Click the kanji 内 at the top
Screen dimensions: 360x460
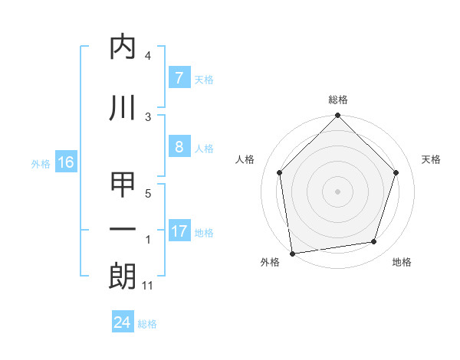pyautogui.click(x=123, y=47)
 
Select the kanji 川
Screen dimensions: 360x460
pyautogui.click(x=123, y=107)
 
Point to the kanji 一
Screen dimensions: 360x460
pyautogui.click(x=123, y=230)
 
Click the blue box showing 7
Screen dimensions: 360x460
pyautogui.click(x=179, y=78)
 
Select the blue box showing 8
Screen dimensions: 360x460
pyautogui.click(x=179, y=148)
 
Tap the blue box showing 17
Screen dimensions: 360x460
pyautogui.click(x=179, y=232)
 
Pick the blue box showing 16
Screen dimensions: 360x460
pyautogui.click(x=65, y=162)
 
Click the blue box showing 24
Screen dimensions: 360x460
pyautogui.click(x=122, y=322)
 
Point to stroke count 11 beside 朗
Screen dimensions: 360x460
pyautogui.click(x=148, y=286)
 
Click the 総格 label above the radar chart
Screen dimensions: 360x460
pyautogui.click(x=337, y=100)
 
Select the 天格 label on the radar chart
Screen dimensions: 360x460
pyautogui.click(x=431, y=159)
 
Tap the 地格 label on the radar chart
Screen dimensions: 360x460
pyautogui.click(x=402, y=262)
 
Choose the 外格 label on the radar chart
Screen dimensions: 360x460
pyautogui.click(x=270, y=262)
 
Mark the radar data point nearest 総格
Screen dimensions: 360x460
pyautogui.click(x=337, y=116)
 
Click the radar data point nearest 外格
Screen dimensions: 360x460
pyautogui.click(x=292, y=253)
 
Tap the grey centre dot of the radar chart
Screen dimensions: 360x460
pyautogui.click(x=337, y=191)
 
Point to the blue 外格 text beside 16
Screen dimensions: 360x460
pyautogui.click(x=41, y=163)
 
